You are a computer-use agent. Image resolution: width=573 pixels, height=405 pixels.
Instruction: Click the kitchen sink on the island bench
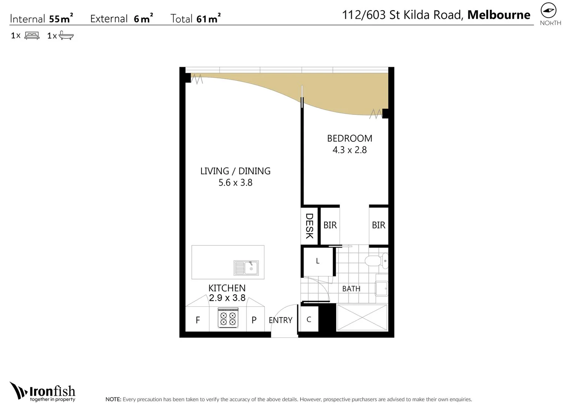click(246, 268)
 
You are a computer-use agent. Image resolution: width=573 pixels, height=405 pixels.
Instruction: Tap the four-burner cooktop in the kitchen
click(228, 318)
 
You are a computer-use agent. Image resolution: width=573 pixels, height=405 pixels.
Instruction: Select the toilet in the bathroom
click(376, 261)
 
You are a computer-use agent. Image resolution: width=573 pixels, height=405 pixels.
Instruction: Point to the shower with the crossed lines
click(362, 318)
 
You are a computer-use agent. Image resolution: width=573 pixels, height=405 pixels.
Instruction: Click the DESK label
click(309, 226)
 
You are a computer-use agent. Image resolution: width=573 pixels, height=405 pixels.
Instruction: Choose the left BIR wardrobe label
click(330, 225)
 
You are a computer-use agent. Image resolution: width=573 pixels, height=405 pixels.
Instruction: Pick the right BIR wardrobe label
click(378, 225)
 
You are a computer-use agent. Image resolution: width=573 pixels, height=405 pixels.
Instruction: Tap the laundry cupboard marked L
click(317, 261)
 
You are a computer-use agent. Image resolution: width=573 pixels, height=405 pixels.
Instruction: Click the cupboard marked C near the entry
click(309, 319)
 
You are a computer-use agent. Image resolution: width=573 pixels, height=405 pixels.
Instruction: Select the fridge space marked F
click(198, 320)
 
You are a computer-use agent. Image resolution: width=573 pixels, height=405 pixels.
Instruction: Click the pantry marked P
click(254, 320)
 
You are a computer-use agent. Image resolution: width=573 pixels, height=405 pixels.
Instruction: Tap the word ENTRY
click(280, 320)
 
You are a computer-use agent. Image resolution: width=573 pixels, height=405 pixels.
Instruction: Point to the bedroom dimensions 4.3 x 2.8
click(349, 150)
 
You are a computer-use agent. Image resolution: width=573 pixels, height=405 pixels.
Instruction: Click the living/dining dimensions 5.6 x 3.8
click(235, 183)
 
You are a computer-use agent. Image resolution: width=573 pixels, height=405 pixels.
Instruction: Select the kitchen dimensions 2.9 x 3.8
click(227, 298)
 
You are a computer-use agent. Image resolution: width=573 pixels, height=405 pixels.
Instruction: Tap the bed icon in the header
click(32, 36)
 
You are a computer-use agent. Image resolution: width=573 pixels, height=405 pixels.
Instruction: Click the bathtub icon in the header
click(66, 36)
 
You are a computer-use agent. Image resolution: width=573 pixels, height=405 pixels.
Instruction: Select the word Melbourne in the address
click(499, 15)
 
